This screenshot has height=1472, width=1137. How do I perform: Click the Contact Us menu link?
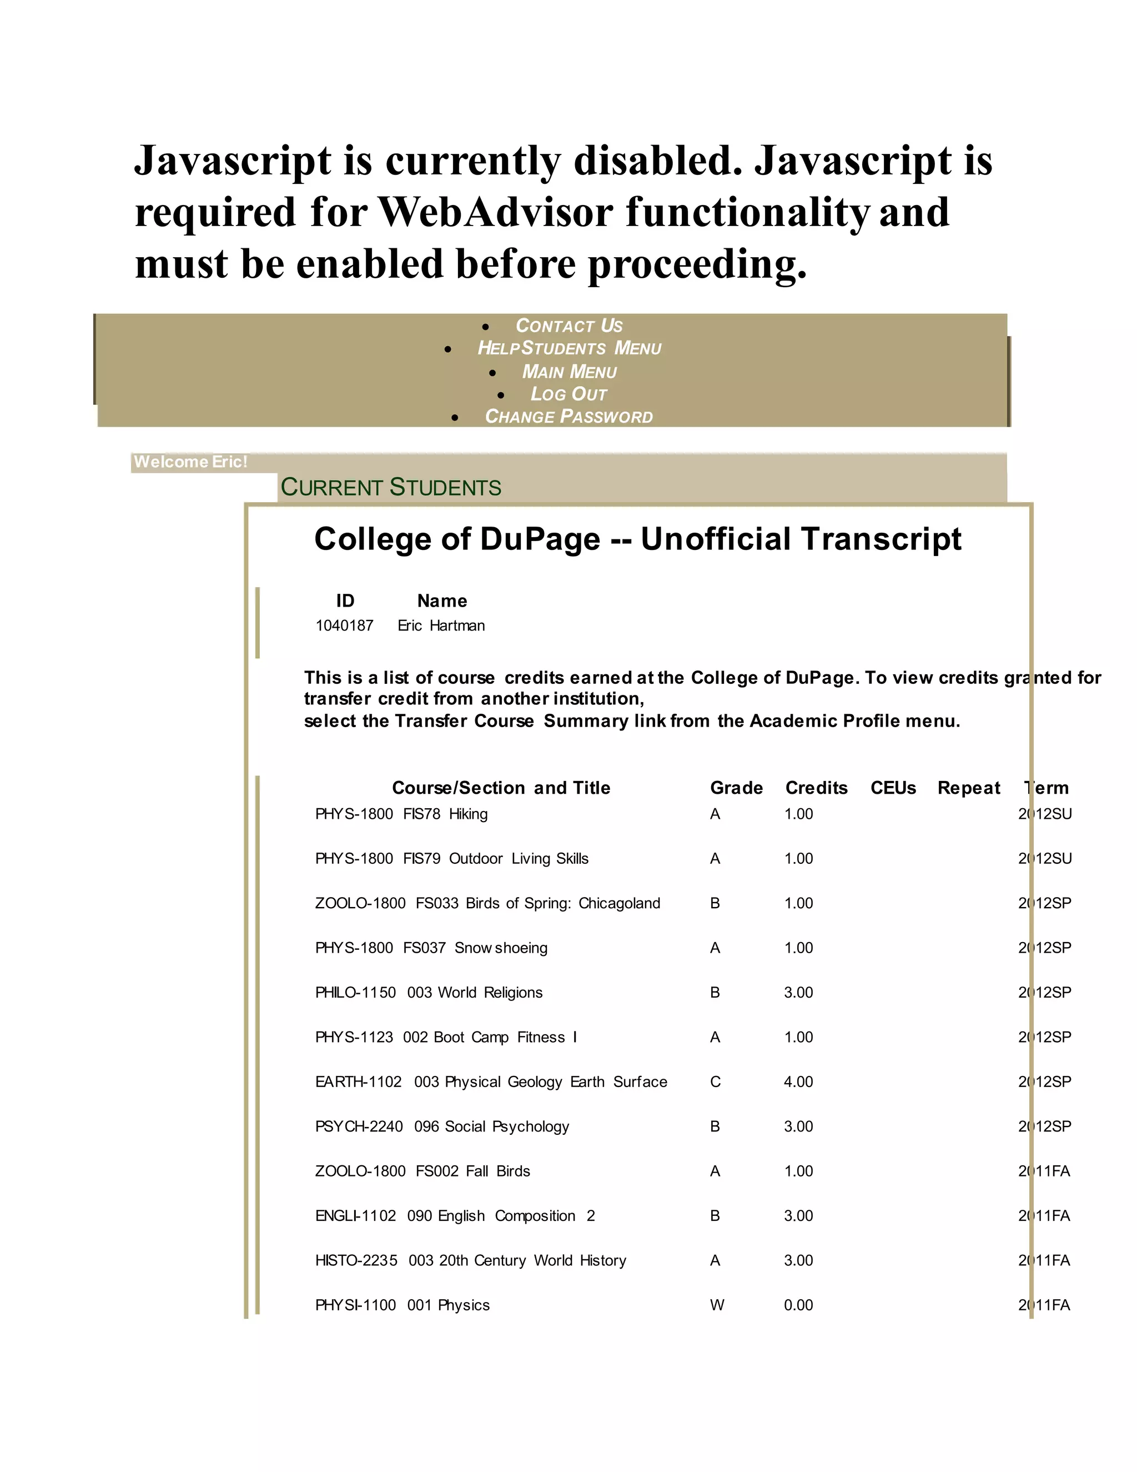click(x=568, y=326)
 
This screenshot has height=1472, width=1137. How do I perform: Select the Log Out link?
click(x=568, y=394)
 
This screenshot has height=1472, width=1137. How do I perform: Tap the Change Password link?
click(x=568, y=417)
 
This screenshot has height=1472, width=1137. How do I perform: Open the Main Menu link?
click(x=569, y=372)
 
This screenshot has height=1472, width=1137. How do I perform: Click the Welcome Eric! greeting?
click(x=190, y=462)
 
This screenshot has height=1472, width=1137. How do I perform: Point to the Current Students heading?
click(x=391, y=487)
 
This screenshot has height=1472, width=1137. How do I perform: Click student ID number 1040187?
click(x=344, y=625)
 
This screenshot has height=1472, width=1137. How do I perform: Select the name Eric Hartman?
click(x=441, y=625)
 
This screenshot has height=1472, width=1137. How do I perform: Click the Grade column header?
click(x=736, y=788)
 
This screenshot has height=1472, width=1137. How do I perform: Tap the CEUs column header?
click(x=893, y=788)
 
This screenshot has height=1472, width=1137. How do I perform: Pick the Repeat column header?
click(x=969, y=788)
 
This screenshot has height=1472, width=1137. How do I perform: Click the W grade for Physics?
click(x=717, y=1305)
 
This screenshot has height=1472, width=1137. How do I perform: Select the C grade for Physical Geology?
click(x=715, y=1082)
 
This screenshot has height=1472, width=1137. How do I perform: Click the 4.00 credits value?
click(x=798, y=1082)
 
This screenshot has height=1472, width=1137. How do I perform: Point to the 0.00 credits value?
click(x=798, y=1305)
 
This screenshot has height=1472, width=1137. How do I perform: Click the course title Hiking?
click(x=468, y=814)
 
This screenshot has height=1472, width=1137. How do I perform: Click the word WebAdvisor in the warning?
click(x=496, y=212)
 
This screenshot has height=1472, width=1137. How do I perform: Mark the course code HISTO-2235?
click(x=356, y=1260)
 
